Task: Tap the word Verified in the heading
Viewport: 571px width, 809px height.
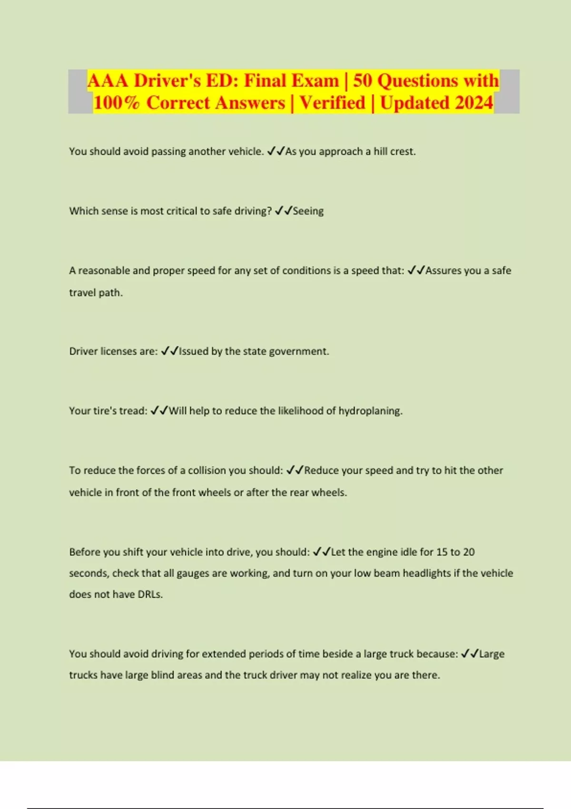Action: [332, 103]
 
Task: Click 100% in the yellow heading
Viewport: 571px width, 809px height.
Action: [117, 103]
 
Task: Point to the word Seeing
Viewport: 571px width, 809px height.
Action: [308, 211]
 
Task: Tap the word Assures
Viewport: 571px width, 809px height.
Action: [443, 270]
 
